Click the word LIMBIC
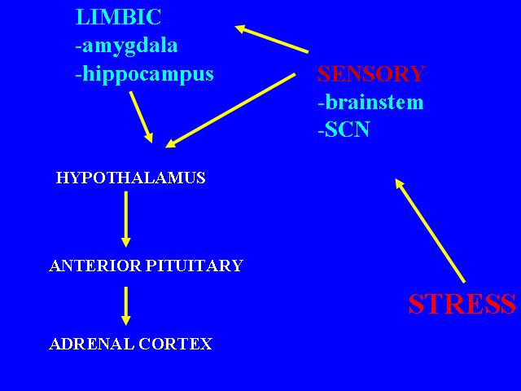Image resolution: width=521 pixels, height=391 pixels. (x=118, y=17)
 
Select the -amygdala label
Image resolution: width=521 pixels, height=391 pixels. (x=127, y=46)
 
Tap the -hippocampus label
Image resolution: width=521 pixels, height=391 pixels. (x=145, y=74)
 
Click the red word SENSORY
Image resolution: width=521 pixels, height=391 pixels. (x=371, y=73)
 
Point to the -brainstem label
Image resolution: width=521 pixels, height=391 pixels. (x=371, y=102)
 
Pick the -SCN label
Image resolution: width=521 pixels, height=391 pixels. (x=344, y=130)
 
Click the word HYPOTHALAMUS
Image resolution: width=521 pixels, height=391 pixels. (x=130, y=178)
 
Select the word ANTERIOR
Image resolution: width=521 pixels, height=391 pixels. (x=95, y=266)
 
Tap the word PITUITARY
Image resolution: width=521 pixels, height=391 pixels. (x=195, y=266)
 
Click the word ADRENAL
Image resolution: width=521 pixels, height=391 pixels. (x=91, y=344)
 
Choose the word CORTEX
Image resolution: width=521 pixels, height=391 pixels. (x=176, y=344)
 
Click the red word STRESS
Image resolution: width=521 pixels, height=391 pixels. (x=462, y=304)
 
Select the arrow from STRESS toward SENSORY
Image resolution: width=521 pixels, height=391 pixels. (x=430, y=231)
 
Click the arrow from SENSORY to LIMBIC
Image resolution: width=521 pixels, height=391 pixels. (x=271, y=38)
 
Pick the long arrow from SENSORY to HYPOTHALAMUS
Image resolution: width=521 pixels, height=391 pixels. (x=230, y=111)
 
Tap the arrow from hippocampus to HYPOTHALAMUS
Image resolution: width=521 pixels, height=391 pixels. (x=141, y=117)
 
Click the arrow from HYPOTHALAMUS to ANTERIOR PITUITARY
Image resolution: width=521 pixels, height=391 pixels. (x=125, y=219)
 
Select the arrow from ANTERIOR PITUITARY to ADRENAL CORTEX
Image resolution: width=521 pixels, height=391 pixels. (x=125, y=306)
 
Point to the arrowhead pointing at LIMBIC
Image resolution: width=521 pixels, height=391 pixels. (x=241, y=29)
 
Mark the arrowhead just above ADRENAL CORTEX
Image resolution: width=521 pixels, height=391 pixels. (x=125, y=320)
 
